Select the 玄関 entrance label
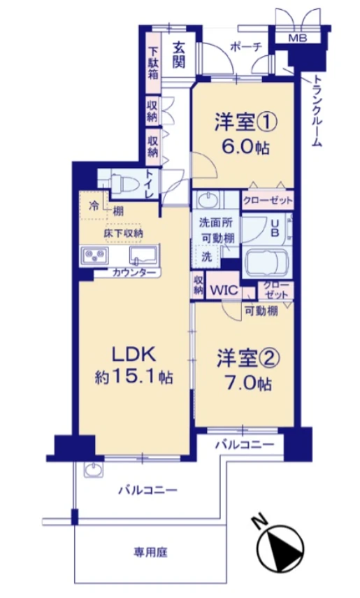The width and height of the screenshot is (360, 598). (x=179, y=55)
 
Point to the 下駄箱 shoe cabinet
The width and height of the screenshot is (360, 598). (x=153, y=63)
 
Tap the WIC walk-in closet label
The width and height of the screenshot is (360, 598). (x=224, y=290)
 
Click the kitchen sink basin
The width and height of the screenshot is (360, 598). (x=143, y=255)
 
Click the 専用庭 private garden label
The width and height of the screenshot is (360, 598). (x=150, y=552)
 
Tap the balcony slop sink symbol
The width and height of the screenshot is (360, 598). (x=94, y=469)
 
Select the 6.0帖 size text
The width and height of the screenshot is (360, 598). (x=245, y=148)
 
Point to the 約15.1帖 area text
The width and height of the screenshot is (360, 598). (x=134, y=377)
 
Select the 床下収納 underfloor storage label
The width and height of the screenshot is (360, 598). (x=124, y=233)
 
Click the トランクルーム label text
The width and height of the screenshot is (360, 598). (x=317, y=111)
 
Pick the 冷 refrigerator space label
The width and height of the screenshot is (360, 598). (x=94, y=206)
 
